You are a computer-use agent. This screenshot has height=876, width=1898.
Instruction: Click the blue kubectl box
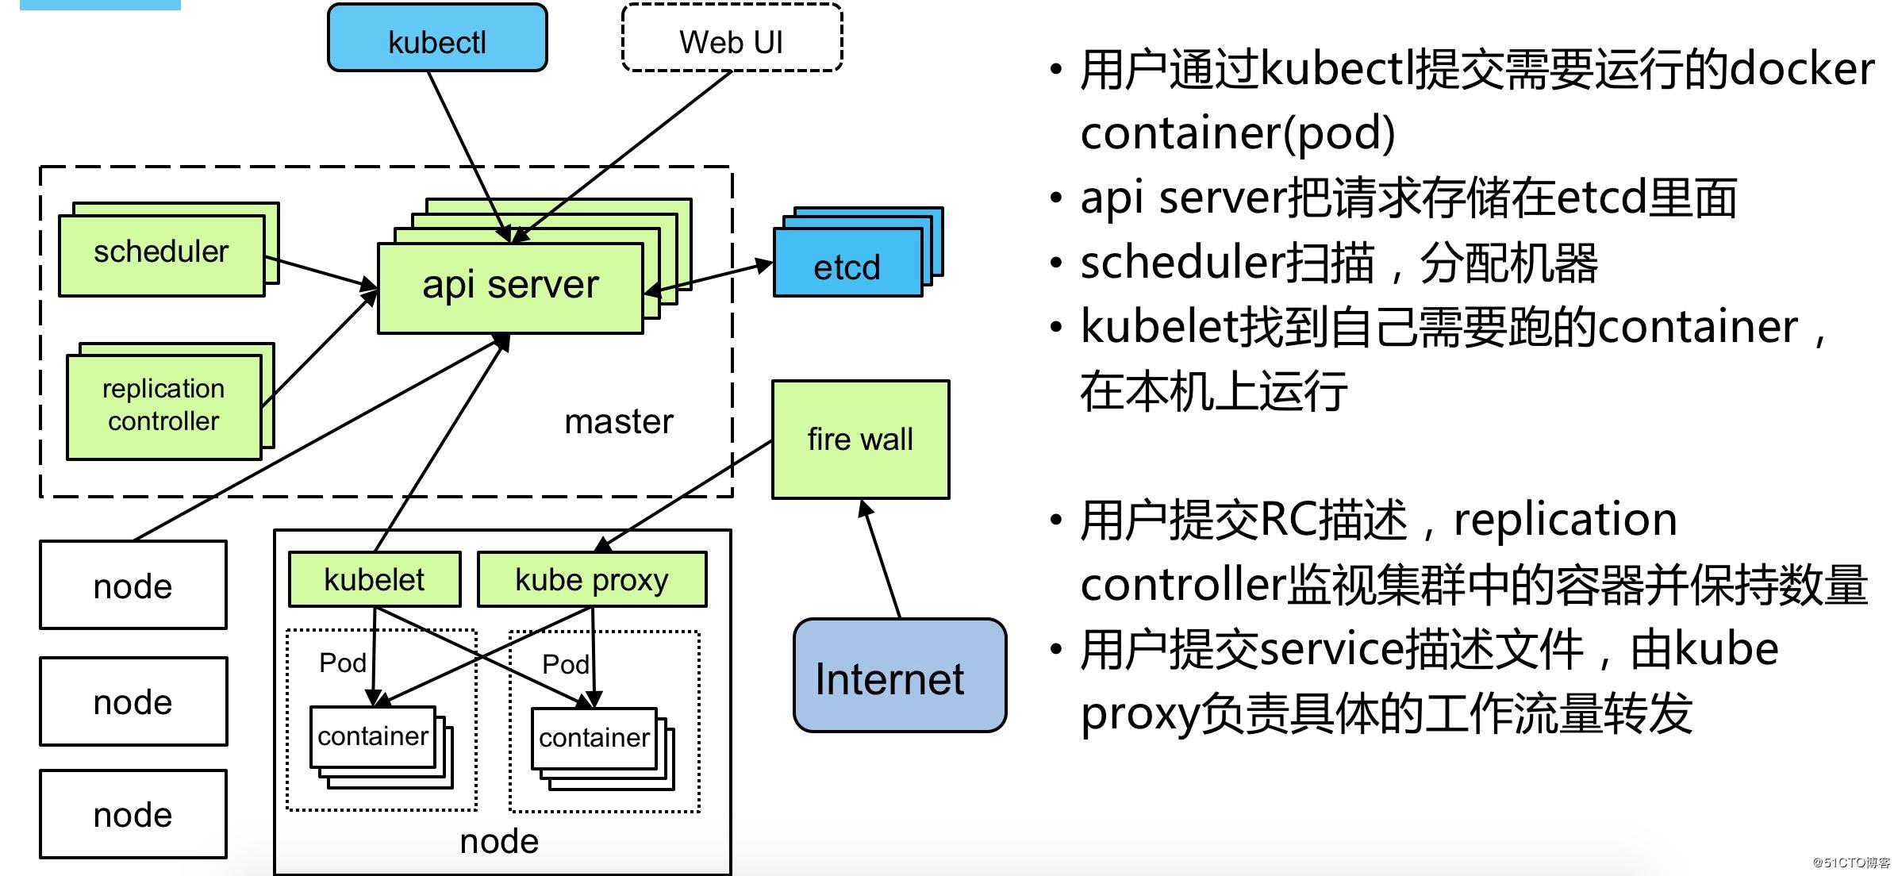tap(437, 39)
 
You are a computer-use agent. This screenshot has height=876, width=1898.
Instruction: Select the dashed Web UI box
tap(731, 39)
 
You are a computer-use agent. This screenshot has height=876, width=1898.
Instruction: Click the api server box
tap(510, 286)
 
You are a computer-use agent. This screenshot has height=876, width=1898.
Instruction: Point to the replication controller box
tap(164, 405)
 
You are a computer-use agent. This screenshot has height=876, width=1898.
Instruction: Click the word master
tap(618, 421)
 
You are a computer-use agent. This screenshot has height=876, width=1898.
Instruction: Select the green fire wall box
tap(860, 439)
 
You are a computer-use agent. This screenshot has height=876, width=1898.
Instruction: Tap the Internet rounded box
tap(899, 675)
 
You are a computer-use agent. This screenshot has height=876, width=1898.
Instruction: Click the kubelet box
tap(375, 579)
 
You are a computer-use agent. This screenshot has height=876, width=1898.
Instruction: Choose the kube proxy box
tap(592, 579)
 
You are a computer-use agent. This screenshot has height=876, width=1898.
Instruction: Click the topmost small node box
tap(133, 586)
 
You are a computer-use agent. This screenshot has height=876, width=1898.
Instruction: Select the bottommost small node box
tap(133, 814)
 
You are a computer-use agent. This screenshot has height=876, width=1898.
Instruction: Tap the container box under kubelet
tap(373, 736)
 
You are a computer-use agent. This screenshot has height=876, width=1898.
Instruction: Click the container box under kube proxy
tap(594, 738)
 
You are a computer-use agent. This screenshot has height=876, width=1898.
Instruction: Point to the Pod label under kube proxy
tap(565, 664)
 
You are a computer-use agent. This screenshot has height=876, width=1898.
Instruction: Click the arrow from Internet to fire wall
tap(882, 559)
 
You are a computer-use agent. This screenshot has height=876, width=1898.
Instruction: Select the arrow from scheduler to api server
tap(321, 271)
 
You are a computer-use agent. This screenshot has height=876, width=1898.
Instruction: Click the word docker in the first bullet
tap(1801, 70)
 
